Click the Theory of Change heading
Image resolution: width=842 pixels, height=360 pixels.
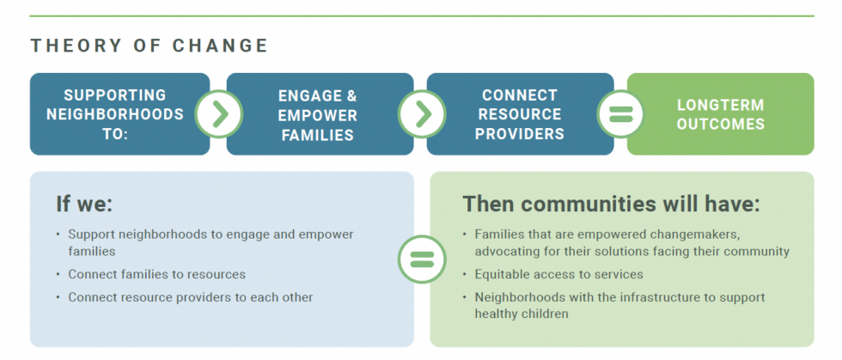coord(149,46)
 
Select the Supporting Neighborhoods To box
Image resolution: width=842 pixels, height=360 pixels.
coord(119,114)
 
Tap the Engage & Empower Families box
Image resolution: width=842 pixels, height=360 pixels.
coord(320,114)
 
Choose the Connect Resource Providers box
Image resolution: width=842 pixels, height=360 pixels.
coord(520,114)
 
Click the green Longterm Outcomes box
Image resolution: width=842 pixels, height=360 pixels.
coord(721,114)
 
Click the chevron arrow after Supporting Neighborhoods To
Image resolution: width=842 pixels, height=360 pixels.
coord(218,114)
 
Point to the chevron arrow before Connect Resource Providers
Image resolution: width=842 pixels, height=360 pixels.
coord(422,114)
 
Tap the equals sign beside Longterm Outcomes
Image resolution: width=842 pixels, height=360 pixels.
coord(620,114)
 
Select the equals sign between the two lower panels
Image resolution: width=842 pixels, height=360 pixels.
coord(422,259)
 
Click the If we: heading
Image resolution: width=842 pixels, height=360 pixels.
coord(84,204)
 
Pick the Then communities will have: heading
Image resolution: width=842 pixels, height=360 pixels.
coord(612,204)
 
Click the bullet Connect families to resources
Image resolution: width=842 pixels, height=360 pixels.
coord(156,274)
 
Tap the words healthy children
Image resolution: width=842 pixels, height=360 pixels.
coord(522,314)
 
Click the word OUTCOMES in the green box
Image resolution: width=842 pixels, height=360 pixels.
coord(721,124)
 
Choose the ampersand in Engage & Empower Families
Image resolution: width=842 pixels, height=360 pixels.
coord(351,95)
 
